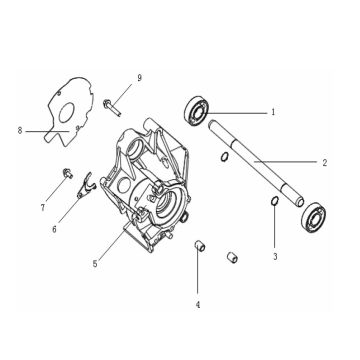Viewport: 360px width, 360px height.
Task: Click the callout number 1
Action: point(273,114)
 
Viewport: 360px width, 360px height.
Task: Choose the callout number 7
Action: point(43,207)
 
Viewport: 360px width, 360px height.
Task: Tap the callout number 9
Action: point(140,76)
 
